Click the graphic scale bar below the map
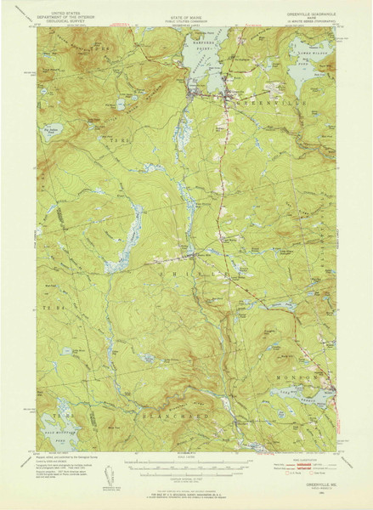tap(188, 467)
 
